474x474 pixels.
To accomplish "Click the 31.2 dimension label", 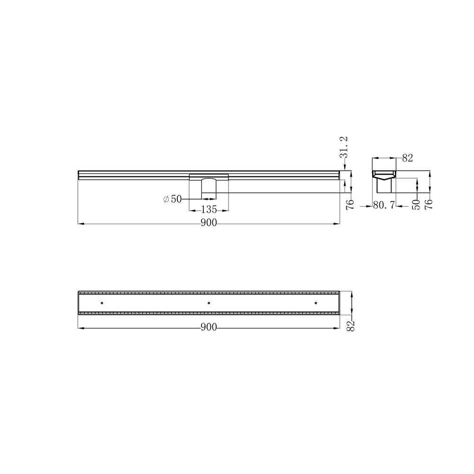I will click(x=345, y=147).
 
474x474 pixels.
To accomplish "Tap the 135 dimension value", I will click(x=209, y=210).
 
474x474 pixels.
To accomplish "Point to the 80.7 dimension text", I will click(x=384, y=206).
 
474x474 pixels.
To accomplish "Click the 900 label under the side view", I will click(x=209, y=223).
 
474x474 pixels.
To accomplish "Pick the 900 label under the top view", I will click(x=209, y=327).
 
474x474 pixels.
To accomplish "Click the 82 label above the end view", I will click(x=407, y=158).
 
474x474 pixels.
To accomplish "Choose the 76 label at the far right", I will click(x=429, y=204).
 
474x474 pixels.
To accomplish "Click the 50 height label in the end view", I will click(x=416, y=204).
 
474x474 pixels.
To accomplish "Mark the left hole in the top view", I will click(x=102, y=302).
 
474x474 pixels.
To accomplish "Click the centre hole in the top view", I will click(x=209, y=302).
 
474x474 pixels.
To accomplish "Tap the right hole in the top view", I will click(x=316, y=302).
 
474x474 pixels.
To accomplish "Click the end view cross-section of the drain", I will click(x=383, y=180).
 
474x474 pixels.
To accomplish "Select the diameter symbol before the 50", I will click(x=166, y=200).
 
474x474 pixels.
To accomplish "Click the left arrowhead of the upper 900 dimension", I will click(x=80, y=223).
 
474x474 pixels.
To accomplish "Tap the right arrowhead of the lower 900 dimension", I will click(x=337, y=327).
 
